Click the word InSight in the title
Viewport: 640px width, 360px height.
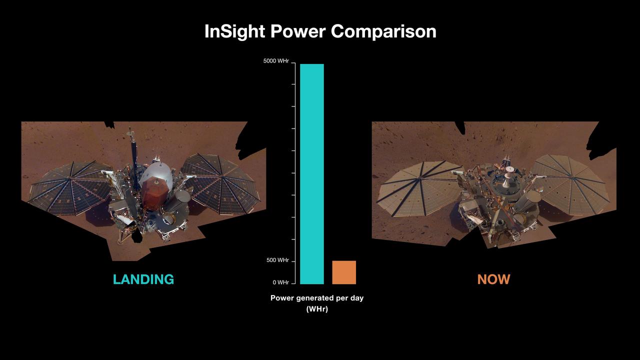pyautogui.click(x=234, y=31)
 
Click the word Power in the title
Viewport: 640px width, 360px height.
pyautogui.click(x=298, y=31)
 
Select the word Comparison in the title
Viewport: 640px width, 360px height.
pyautogui.click(x=383, y=31)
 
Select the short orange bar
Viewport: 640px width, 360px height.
pyautogui.click(x=344, y=272)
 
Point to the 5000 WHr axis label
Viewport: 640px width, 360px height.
pyautogui.click(x=276, y=61)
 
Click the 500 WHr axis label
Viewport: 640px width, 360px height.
pyautogui.click(x=277, y=260)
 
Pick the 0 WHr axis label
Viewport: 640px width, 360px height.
pyautogui.click(x=280, y=282)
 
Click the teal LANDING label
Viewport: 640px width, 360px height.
pyautogui.click(x=143, y=279)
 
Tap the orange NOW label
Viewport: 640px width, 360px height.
pyautogui.click(x=493, y=279)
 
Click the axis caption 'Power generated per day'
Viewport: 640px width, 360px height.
pyautogui.click(x=317, y=298)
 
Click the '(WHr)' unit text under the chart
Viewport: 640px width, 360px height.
pyautogui.click(x=317, y=309)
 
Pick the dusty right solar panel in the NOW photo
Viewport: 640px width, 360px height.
pyautogui.click(x=570, y=182)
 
